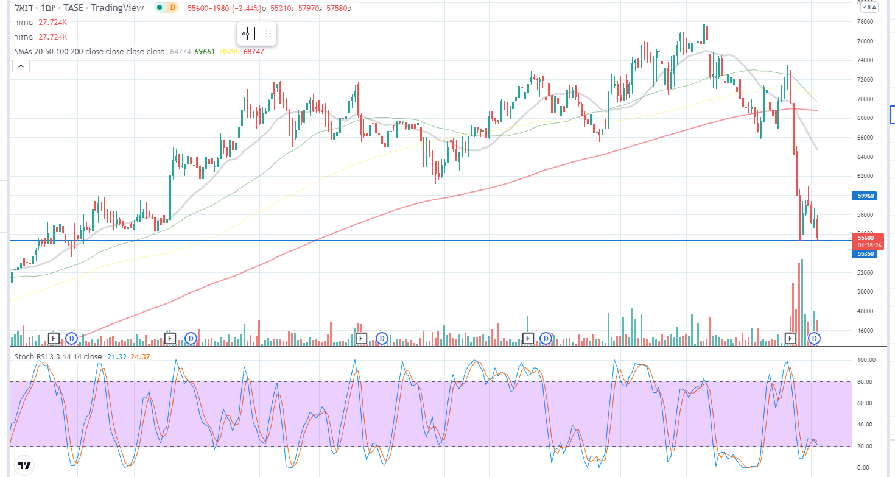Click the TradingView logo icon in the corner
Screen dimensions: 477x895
tap(24, 467)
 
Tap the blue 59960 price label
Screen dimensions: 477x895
tap(866, 196)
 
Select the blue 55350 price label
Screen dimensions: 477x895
tap(866, 253)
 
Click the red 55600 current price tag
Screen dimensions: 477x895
tap(866, 238)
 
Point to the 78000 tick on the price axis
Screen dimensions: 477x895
tap(865, 22)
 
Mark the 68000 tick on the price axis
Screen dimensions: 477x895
tap(865, 118)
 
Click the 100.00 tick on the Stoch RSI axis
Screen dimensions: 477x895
tap(866, 360)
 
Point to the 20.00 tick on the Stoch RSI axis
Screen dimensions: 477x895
tap(866, 447)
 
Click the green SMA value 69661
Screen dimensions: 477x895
tap(205, 52)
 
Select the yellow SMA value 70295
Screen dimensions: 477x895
tap(229, 52)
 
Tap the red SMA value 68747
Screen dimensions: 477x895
tap(253, 52)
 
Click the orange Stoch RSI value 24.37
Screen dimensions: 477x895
tap(140, 356)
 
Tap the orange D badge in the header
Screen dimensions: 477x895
tap(173, 7)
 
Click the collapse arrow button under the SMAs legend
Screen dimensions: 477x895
tap(21, 66)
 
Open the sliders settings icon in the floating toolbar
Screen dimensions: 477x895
tap(248, 34)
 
